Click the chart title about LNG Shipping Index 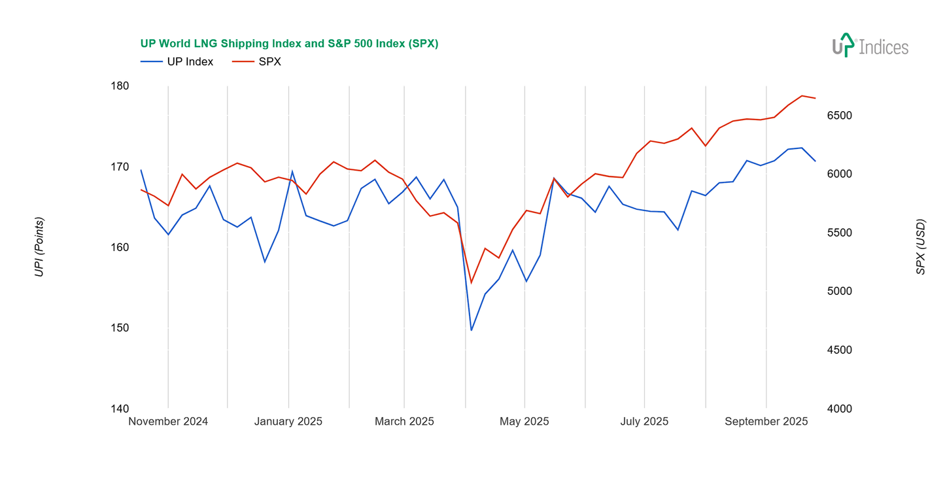[289, 44]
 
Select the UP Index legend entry [190, 62]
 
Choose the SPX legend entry [269, 62]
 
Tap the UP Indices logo [870, 46]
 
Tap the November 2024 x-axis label [168, 422]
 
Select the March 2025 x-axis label [404, 422]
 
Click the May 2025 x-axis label [524, 422]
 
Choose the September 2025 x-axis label [766, 422]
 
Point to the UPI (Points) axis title [39, 247]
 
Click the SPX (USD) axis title [921, 247]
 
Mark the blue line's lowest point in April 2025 [471, 330]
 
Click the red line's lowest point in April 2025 [471, 283]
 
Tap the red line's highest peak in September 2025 [802, 95]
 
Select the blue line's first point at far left [141, 170]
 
